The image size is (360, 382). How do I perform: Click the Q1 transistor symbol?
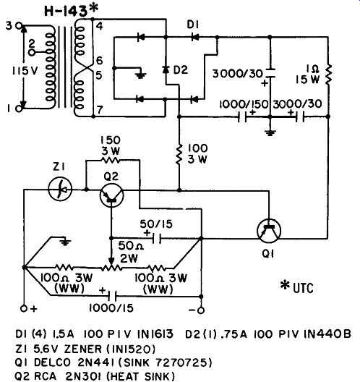[x=269, y=231]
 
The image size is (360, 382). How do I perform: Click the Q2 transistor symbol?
[x=112, y=195]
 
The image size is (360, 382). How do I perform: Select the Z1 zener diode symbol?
[x=60, y=189]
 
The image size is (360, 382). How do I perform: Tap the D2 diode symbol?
[x=166, y=70]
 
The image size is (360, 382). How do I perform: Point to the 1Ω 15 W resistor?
[x=328, y=75]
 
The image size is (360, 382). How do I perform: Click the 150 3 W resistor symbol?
[x=110, y=160]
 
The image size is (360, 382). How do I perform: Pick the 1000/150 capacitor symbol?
[x=242, y=117]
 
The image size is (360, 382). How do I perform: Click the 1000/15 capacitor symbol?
[x=113, y=296]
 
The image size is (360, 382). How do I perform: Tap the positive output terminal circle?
[x=24, y=309]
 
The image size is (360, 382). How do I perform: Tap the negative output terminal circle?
[x=201, y=310]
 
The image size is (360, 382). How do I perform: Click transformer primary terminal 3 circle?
[x=19, y=25]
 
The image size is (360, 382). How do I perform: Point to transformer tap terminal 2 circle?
[x=31, y=52]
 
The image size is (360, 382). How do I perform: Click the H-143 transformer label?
[x=72, y=11]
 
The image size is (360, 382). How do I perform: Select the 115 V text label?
[x=25, y=71]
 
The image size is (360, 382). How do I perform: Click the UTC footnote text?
[x=297, y=288]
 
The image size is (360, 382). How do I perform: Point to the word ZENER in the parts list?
[x=82, y=349]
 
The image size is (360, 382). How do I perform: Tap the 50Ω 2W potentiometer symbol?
[x=111, y=268]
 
